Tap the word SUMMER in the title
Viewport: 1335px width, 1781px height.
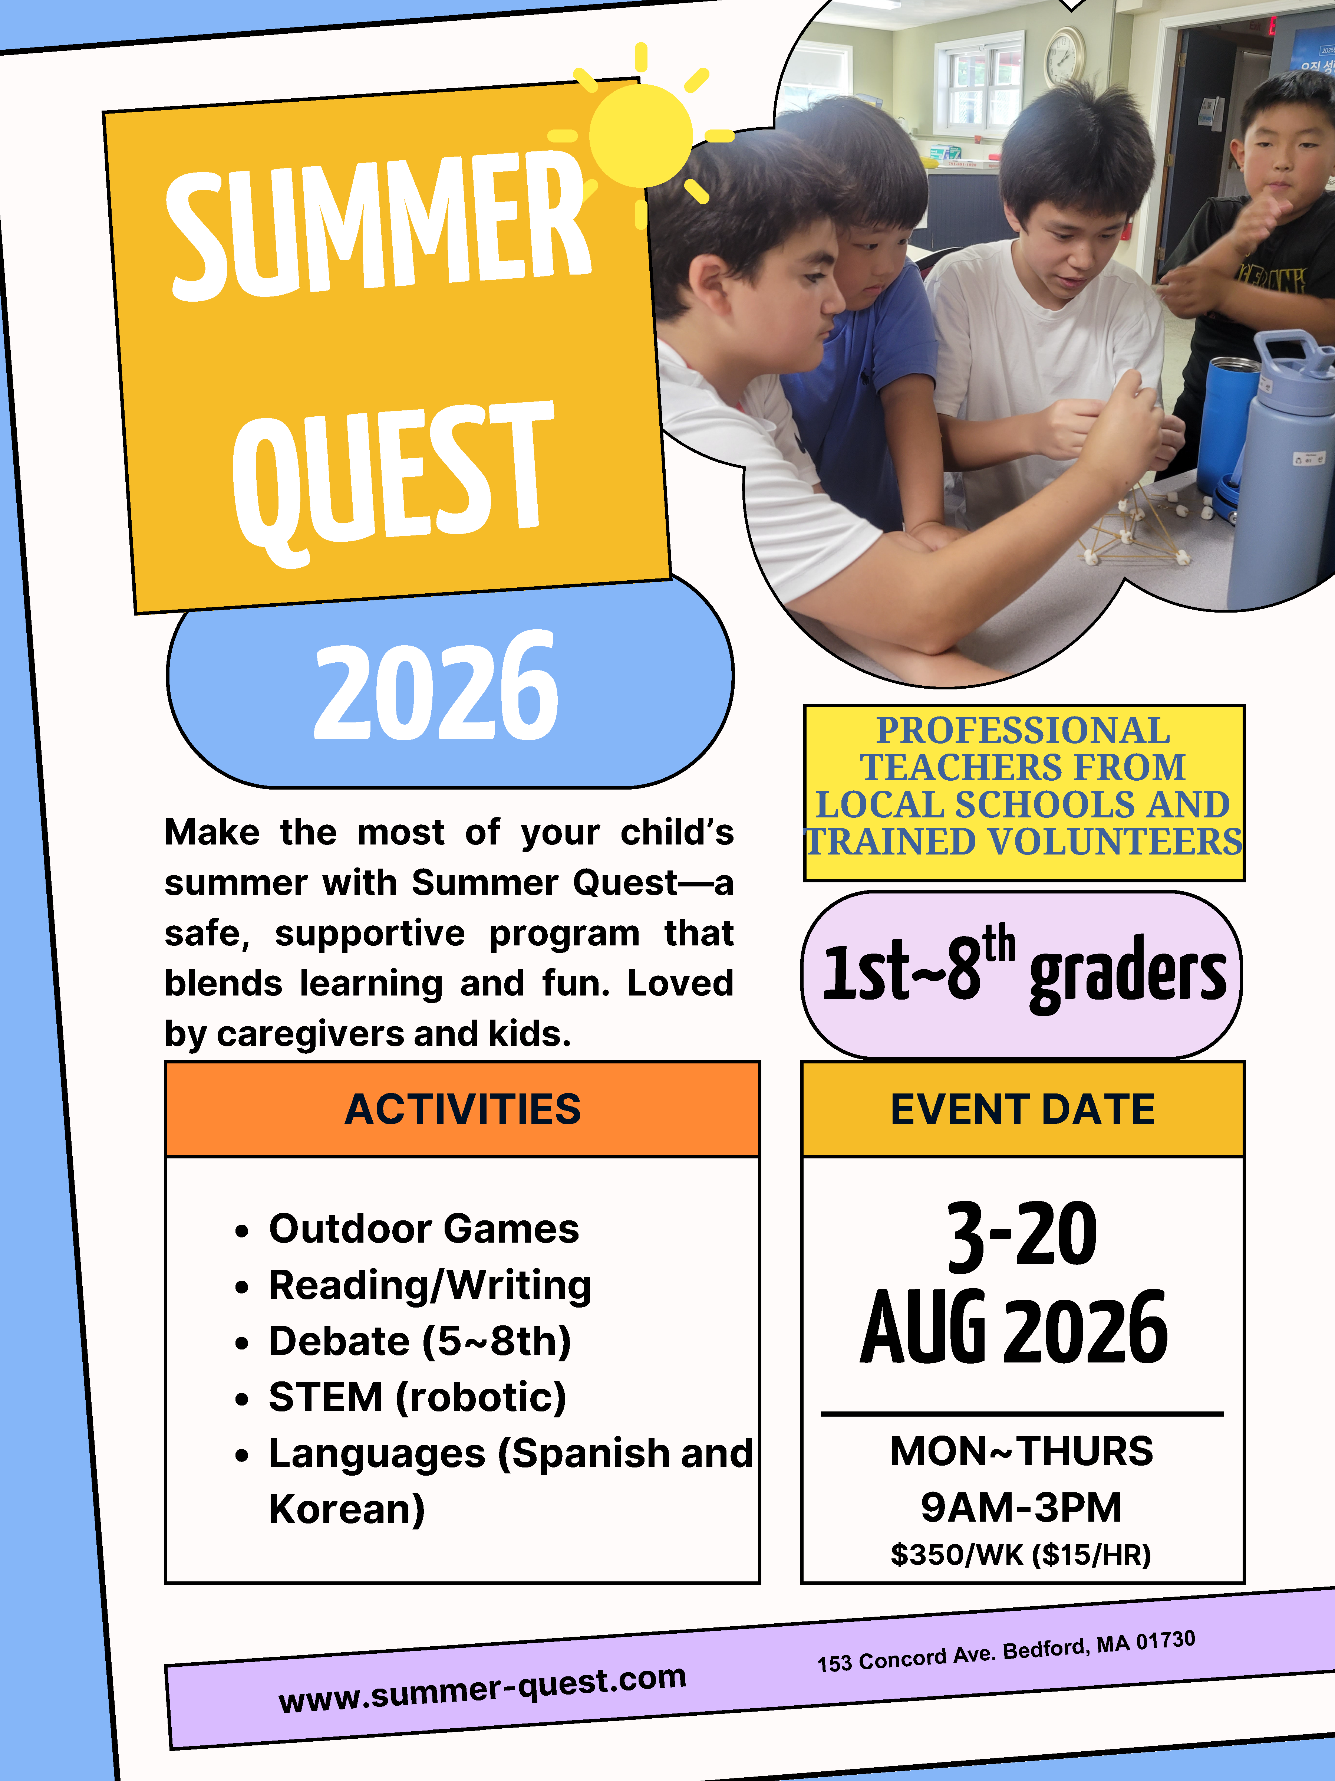tap(378, 226)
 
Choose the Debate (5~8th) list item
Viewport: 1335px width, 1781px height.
tap(419, 1341)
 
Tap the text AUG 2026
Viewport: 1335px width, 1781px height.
tap(1014, 1328)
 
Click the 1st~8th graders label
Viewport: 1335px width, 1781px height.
tap(1023, 970)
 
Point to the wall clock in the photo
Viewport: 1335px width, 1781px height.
tap(1065, 56)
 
